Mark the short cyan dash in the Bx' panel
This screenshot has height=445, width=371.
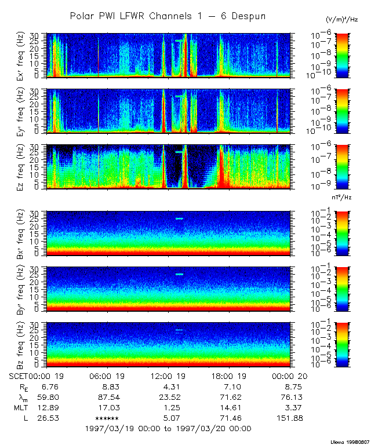click(179, 218)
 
